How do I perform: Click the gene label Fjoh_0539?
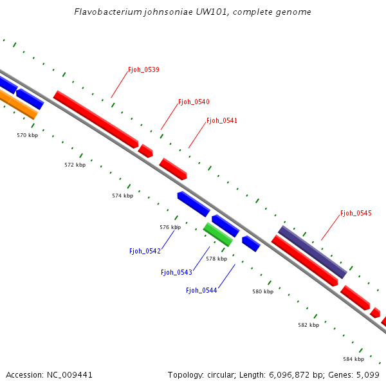(x=143, y=69)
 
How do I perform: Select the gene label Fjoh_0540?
(x=194, y=102)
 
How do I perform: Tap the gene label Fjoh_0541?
(x=222, y=120)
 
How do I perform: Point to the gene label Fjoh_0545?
(x=356, y=213)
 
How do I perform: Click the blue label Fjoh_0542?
(x=145, y=251)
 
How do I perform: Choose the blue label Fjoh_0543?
(x=176, y=272)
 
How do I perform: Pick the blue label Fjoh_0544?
(x=201, y=290)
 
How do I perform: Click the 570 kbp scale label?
(x=27, y=135)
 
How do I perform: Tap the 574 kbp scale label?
(x=122, y=196)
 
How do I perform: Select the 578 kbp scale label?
(x=216, y=259)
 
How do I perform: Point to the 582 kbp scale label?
(x=308, y=325)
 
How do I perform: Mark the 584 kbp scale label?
(x=353, y=359)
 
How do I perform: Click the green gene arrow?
(x=218, y=235)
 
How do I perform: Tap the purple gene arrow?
(x=312, y=252)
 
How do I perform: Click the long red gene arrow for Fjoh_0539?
(x=96, y=120)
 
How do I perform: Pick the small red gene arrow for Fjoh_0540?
(x=146, y=151)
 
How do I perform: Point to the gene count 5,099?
(x=367, y=374)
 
